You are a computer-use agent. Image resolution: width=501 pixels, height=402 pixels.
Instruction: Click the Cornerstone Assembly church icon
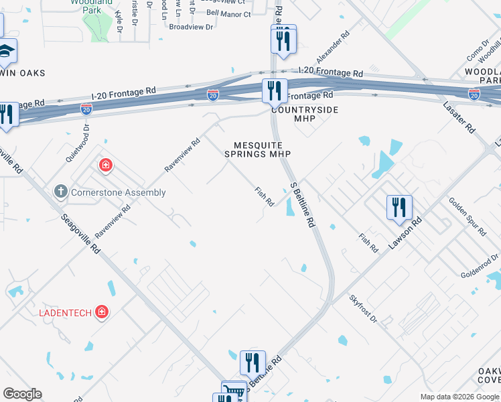[x=60, y=192]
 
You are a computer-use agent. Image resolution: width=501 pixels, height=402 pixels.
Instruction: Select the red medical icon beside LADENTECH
[x=101, y=312]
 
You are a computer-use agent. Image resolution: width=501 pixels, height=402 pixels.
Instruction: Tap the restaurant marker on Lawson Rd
[x=399, y=208]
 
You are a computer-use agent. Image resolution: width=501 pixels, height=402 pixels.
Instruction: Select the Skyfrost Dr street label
[x=364, y=309]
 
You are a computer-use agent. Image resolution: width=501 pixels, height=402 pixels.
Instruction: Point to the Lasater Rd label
[x=459, y=117]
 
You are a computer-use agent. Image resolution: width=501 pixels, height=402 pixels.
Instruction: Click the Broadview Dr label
[x=191, y=27]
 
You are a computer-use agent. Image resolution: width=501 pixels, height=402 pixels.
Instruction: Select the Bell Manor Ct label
[x=228, y=13]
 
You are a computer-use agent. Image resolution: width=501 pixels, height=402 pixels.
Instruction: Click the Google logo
[x=22, y=394]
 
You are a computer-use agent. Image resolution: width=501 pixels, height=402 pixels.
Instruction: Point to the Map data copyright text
[x=459, y=397]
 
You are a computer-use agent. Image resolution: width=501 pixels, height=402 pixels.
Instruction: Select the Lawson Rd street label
[x=407, y=232]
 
